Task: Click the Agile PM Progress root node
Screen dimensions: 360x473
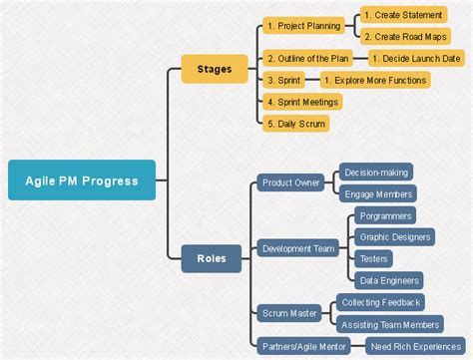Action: click(81, 180)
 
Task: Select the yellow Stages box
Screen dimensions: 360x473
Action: click(215, 70)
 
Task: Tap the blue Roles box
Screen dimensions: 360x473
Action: click(212, 258)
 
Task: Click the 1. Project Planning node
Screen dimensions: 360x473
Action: click(303, 26)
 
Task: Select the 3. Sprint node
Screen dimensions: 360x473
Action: click(284, 80)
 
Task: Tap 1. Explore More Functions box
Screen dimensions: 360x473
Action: click(376, 80)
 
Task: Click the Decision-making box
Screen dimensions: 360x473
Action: click(375, 172)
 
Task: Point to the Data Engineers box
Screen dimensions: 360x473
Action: click(389, 280)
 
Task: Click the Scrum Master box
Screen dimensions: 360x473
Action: click(288, 313)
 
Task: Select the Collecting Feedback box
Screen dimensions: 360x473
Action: click(380, 301)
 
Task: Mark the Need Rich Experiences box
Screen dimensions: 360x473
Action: click(413, 346)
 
